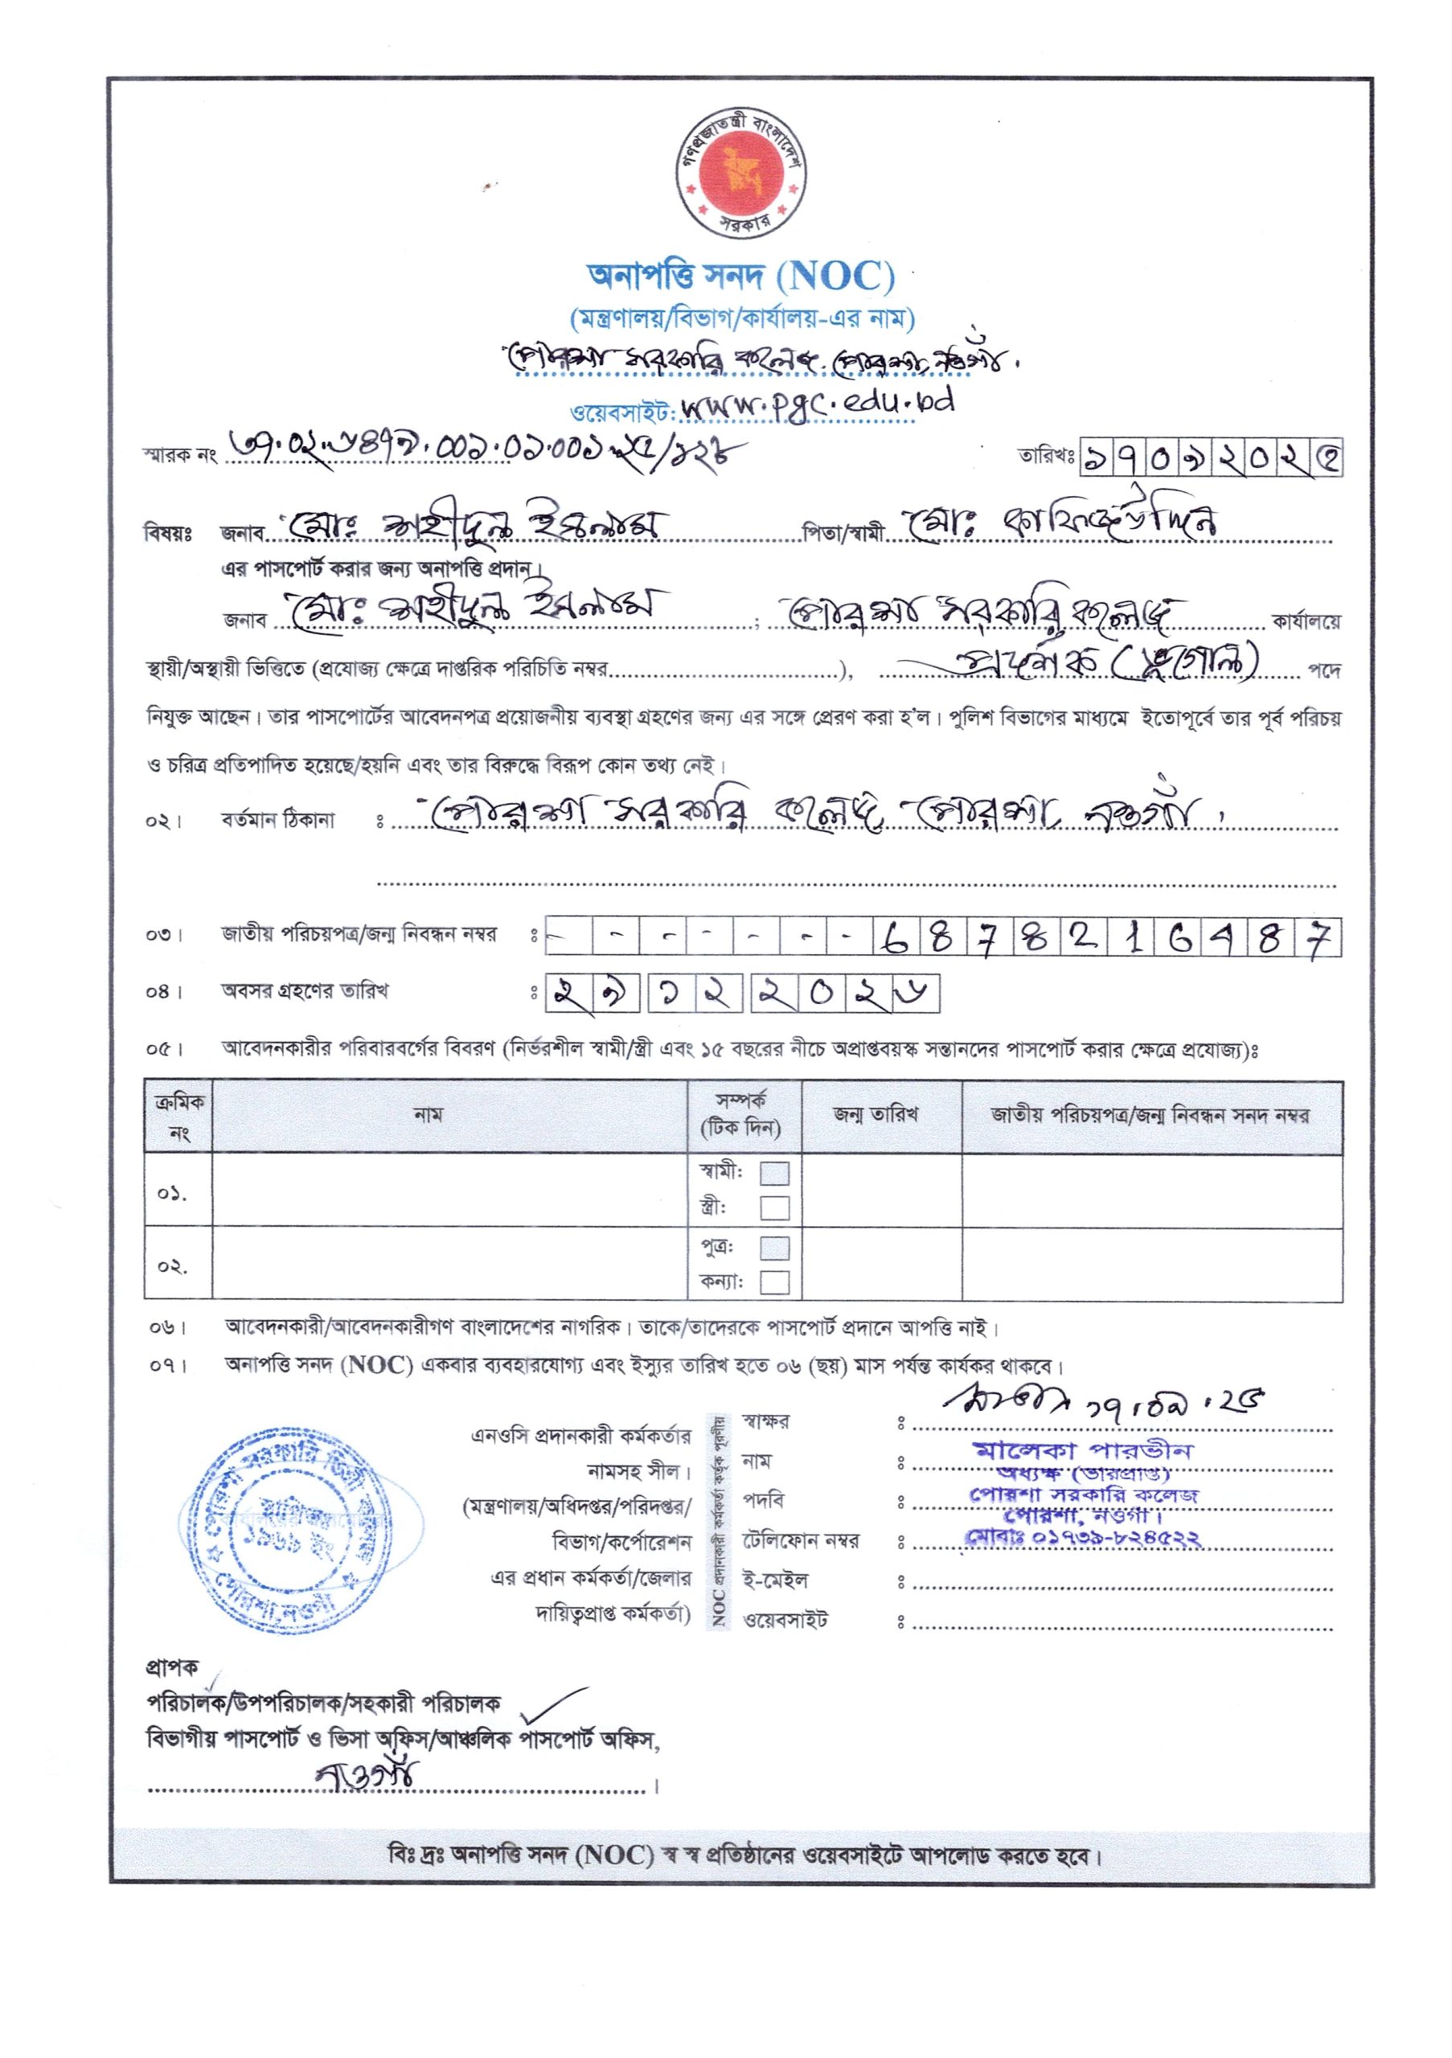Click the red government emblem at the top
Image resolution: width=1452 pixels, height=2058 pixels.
742,171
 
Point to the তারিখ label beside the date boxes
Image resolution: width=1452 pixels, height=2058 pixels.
1045,457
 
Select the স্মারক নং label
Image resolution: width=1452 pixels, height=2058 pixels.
179,455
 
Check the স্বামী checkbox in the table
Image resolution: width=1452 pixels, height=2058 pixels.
774,1174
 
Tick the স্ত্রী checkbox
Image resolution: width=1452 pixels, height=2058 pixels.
774,1208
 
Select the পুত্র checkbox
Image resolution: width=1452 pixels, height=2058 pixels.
774,1248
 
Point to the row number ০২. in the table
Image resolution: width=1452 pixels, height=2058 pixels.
172,1266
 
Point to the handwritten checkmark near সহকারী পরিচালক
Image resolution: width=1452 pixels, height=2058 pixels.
548,1702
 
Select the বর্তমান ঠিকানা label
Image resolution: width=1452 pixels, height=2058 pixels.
278,819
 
